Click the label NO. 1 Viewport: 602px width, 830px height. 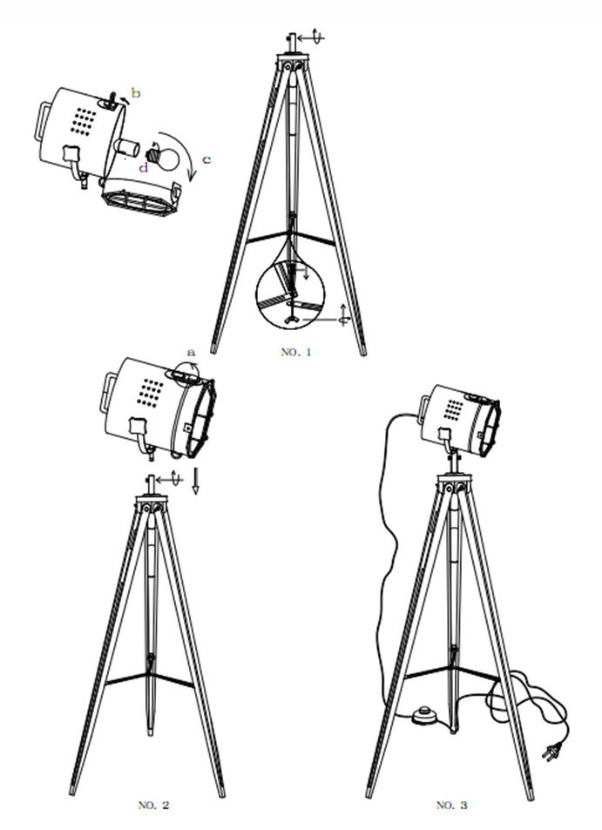(296, 352)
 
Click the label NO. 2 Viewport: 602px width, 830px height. (153, 805)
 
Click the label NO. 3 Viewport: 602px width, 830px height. (451, 805)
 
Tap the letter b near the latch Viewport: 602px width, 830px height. (136, 94)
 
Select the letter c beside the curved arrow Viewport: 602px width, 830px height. (206, 159)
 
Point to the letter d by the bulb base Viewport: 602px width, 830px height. (144, 168)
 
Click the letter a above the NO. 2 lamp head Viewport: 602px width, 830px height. (192, 352)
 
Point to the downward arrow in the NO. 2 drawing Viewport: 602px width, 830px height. (195, 480)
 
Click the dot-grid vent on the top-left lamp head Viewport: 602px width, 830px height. (84, 122)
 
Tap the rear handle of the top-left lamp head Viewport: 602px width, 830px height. (43, 122)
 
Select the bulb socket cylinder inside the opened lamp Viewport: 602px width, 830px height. (126, 148)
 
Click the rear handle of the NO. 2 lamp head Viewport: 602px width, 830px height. (107, 393)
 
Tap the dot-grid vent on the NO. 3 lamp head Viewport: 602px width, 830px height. (454, 409)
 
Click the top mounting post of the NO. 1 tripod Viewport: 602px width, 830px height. (291, 43)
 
